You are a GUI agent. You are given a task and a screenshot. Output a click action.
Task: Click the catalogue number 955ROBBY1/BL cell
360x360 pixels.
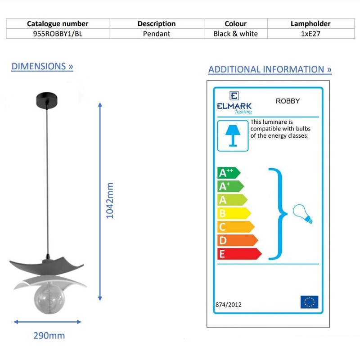[x=58, y=34]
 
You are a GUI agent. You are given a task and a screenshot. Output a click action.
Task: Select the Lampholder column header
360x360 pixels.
[x=310, y=24]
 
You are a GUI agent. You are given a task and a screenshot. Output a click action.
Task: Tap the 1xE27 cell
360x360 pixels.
[x=310, y=34]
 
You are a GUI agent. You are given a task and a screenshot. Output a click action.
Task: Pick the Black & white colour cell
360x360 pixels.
[x=235, y=34]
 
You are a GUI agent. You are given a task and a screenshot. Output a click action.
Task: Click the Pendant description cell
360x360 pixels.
[x=157, y=34]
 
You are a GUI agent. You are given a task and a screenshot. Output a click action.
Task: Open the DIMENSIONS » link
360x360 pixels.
[x=42, y=66]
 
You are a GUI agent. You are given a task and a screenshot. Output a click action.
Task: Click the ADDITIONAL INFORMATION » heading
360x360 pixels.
[x=270, y=69]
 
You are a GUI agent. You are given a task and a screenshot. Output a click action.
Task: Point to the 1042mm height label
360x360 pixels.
[x=110, y=200]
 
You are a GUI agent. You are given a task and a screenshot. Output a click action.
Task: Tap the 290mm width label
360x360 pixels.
[x=49, y=336]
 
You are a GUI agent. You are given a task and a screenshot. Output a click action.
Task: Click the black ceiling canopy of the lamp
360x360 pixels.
[x=47, y=100]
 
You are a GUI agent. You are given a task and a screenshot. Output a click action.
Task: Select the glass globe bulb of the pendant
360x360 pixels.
[x=49, y=298]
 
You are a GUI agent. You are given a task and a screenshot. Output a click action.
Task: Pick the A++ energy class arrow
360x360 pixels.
[x=229, y=173]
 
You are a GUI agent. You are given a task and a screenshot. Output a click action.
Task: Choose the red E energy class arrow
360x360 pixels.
[x=239, y=254]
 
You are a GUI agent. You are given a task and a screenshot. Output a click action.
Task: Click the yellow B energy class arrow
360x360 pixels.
[x=234, y=213]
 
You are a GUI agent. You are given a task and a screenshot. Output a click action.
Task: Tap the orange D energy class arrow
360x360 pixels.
[x=238, y=240]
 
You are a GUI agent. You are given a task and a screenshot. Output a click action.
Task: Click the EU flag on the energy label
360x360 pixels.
[x=309, y=302]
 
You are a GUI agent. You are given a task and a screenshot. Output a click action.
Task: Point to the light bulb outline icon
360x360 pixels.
[x=302, y=214]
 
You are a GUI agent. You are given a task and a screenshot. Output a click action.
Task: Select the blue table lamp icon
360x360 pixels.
[x=233, y=136]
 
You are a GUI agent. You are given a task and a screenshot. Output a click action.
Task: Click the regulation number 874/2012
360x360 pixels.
[x=229, y=305]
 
